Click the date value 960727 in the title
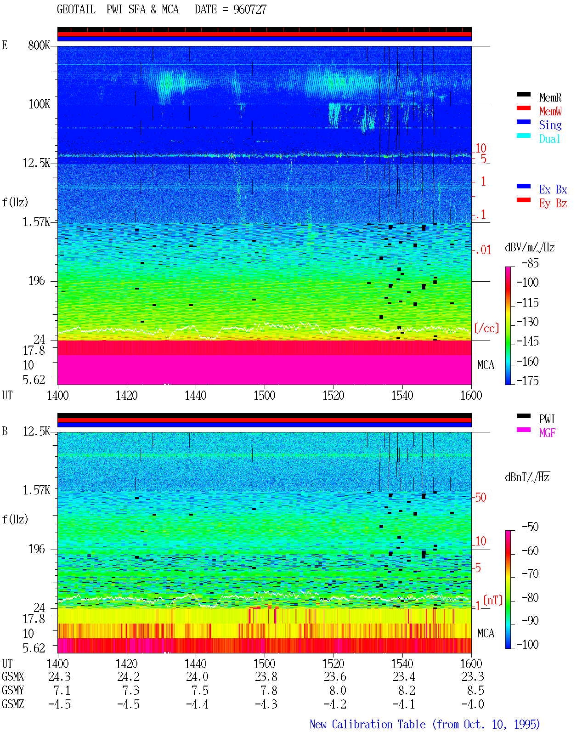[x=249, y=9]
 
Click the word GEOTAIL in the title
[x=76, y=9]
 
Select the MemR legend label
[x=550, y=97]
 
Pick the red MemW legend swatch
[x=523, y=108]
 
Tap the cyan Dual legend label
[x=549, y=139]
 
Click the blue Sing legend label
[x=550, y=125]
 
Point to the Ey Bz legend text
[x=553, y=204]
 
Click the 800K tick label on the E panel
[x=39, y=45]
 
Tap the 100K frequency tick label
[x=39, y=104]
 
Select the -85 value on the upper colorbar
[x=530, y=263]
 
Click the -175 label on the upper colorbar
[x=527, y=380]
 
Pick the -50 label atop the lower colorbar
[x=530, y=527]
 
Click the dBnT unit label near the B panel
[x=527, y=477]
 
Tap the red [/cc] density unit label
[x=486, y=328]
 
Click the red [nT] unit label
[x=493, y=600]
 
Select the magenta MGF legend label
[x=547, y=433]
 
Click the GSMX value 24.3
[x=60, y=676]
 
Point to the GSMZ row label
[x=13, y=704]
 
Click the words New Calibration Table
[x=367, y=724]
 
